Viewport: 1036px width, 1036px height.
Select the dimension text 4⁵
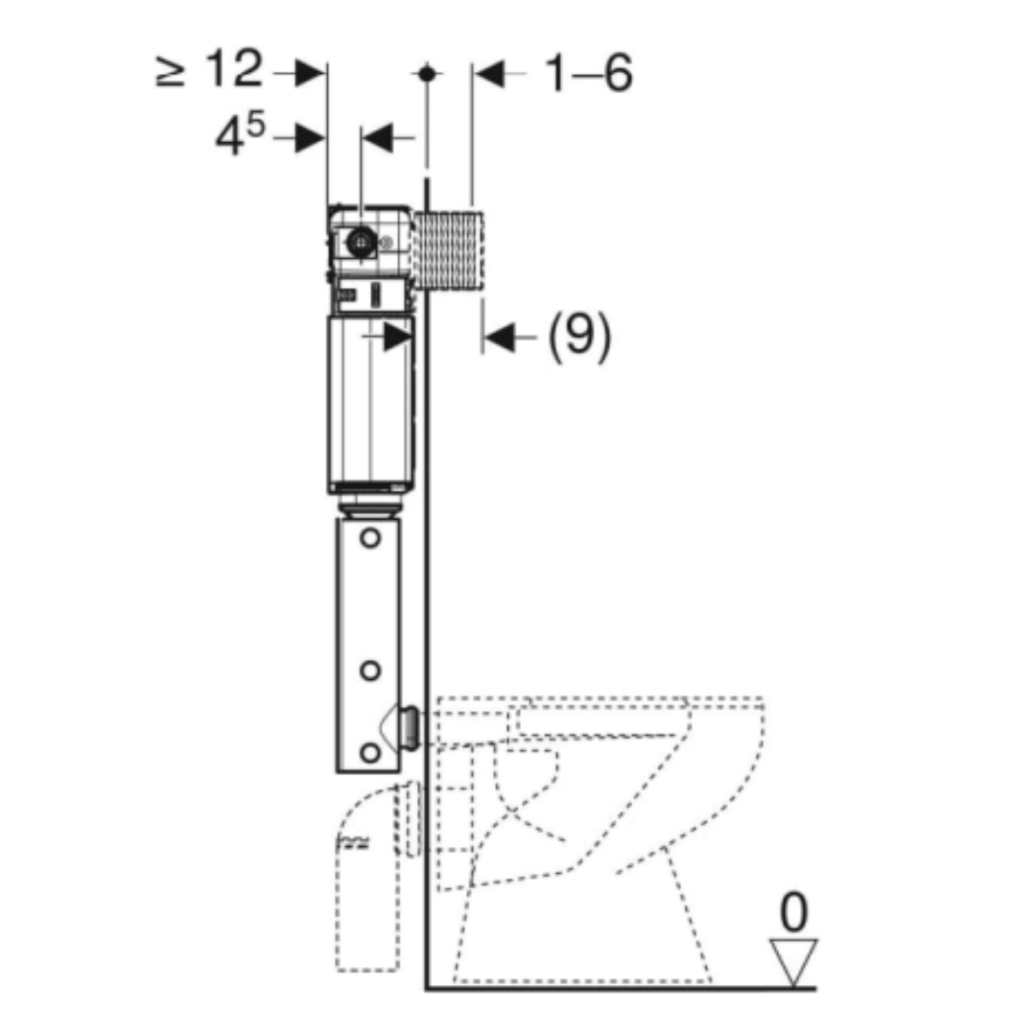[x=239, y=139]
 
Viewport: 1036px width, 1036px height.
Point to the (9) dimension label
[x=578, y=337]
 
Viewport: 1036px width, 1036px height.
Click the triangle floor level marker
[x=793, y=959]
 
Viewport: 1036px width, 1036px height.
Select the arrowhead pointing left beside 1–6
[x=491, y=75]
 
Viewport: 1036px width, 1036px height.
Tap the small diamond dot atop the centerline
[x=428, y=73]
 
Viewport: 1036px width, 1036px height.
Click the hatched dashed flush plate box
[x=450, y=250]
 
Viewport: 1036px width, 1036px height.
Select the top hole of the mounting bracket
[x=370, y=539]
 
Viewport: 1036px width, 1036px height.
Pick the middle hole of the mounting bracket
[x=370, y=670]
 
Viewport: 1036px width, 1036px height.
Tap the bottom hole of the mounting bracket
[x=370, y=753]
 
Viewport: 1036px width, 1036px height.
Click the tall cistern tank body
[x=370, y=403]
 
